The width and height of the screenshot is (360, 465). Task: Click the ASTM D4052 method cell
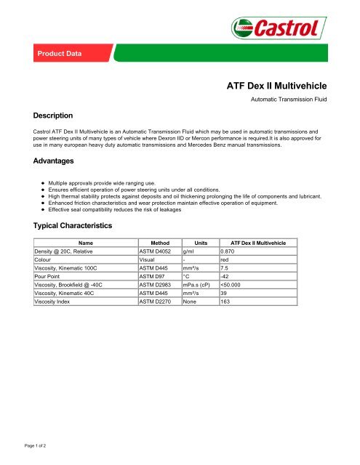pyautogui.click(x=156, y=252)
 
